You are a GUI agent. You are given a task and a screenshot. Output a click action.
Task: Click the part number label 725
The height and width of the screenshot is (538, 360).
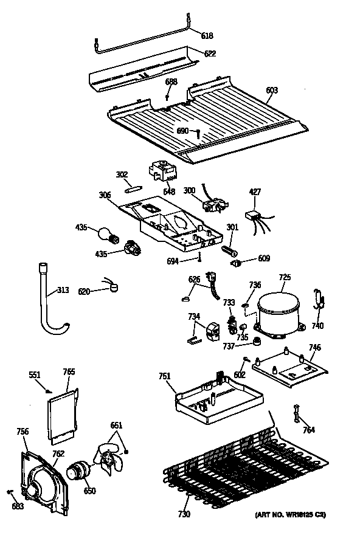(285, 277)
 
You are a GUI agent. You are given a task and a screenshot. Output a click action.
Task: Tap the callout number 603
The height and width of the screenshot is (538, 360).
(271, 91)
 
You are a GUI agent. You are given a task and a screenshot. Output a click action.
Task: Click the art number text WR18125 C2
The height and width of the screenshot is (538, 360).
(291, 515)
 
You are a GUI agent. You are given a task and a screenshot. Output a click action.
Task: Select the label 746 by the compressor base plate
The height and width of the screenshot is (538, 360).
(315, 348)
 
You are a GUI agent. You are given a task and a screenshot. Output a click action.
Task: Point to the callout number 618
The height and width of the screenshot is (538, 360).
(207, 36)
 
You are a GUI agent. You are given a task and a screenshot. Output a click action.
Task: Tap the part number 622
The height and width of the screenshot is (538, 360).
(209, 54)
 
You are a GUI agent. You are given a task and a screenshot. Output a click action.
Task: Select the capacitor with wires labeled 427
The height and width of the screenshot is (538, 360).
(253, 215)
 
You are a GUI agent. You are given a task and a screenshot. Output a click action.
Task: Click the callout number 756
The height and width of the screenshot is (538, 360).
(22, 432)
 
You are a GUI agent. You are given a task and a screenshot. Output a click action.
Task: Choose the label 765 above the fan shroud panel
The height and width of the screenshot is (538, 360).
(69, 371)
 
